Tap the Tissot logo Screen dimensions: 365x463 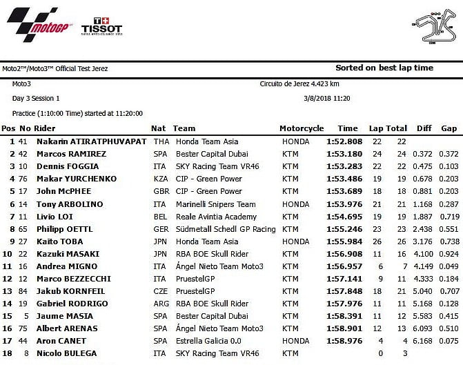[101, 27]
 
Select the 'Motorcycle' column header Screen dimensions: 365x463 [302, 128]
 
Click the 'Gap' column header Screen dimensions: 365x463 [449, 128]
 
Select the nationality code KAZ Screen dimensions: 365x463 [161, 179]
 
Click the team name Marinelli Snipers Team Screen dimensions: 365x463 [215, 204]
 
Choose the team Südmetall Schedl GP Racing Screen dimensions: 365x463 [225, 229]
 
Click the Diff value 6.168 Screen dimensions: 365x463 [424, 341]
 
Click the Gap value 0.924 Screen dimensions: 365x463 [449, 254]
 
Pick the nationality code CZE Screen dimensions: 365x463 [161, 291]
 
